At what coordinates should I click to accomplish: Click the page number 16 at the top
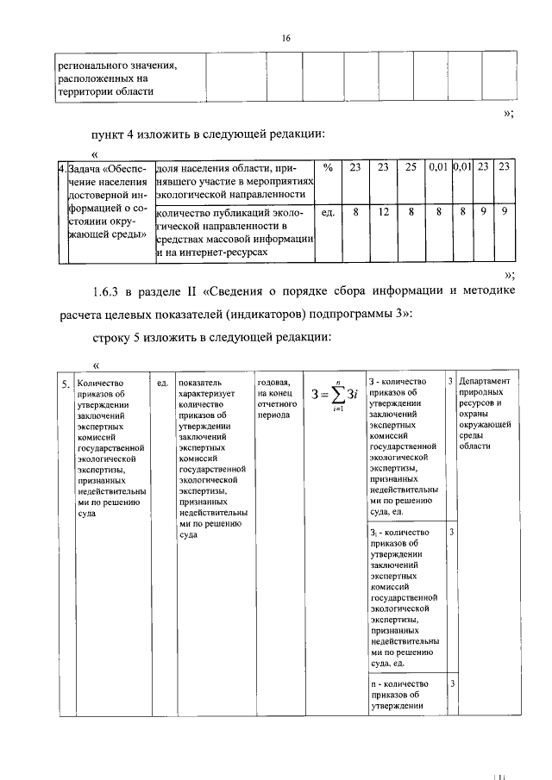pos(285,38)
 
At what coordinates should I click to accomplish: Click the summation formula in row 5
pos(334,396)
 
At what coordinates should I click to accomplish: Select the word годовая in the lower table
pos(274,382)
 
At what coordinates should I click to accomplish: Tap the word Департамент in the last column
pos(485,381)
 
